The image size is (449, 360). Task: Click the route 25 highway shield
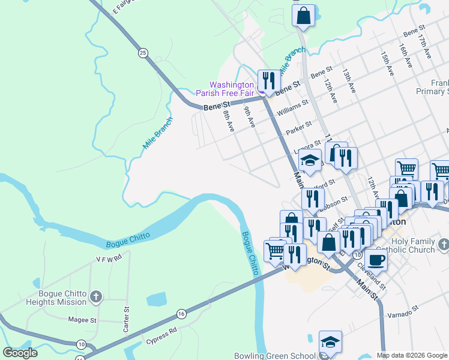[x=143, y=53]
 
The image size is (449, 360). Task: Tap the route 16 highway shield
[x=181, y=314]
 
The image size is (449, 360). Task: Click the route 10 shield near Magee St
[x=81, y=344]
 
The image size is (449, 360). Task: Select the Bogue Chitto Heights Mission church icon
[x=96, y=296]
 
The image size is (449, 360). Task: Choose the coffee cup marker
[x=376, y=259]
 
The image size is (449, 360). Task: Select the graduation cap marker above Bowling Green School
[x=330, y=341]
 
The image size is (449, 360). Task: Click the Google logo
[x=20, y=353]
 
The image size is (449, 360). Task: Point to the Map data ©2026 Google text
[x=411, y=355]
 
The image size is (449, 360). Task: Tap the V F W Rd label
[x=108, y=257]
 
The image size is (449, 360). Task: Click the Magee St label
[x=82, y=320]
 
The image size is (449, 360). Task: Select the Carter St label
[x=127, y=319]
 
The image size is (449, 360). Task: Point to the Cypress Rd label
[x=161, y=336]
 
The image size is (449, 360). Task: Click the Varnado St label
[x=403, y=314]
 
